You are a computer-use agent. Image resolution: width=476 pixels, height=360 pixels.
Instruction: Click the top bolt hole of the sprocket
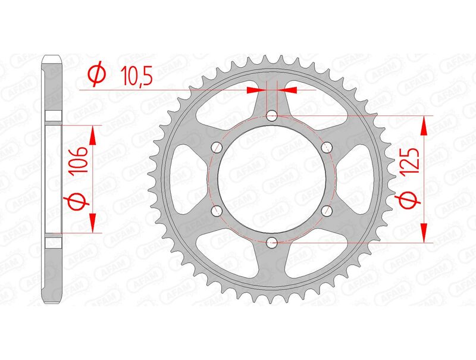[272, 115]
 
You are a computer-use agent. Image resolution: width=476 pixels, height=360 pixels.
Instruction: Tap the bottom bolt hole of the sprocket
[272, 242]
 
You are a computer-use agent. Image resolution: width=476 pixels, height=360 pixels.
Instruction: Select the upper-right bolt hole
[327, 146]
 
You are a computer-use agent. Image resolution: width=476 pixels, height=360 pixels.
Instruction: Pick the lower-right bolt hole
[327, 210]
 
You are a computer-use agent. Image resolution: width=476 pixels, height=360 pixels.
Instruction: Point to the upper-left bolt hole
[217, 146]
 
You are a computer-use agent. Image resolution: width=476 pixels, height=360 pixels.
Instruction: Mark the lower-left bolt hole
[217, 210]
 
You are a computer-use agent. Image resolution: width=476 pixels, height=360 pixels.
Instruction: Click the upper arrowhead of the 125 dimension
[424, 126]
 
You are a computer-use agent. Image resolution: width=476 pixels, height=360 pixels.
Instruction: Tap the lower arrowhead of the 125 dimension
[424, 232]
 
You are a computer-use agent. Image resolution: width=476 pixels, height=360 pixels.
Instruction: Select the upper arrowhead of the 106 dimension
[93, 135]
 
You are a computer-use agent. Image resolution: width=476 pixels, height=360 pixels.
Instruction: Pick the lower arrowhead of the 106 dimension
[93, 221]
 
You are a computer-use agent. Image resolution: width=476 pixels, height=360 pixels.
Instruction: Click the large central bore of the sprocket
[272, 179]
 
